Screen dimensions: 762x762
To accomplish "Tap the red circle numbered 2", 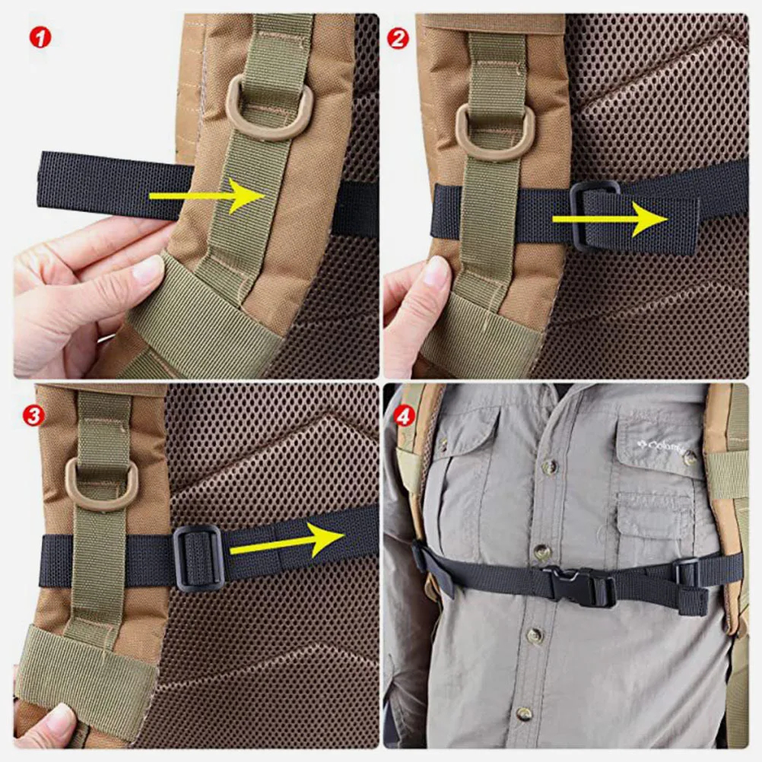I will coord(398,39).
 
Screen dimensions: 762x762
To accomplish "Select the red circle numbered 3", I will coord(33,415).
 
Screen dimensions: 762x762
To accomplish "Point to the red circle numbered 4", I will coord(405,416).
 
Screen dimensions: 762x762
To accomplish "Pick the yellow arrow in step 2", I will coord(609,219).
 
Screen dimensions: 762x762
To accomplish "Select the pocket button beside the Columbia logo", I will coord(690,458).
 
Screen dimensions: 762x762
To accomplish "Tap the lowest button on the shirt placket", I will coord(524,713).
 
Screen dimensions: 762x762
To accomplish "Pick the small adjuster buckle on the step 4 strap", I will coord(687,574).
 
